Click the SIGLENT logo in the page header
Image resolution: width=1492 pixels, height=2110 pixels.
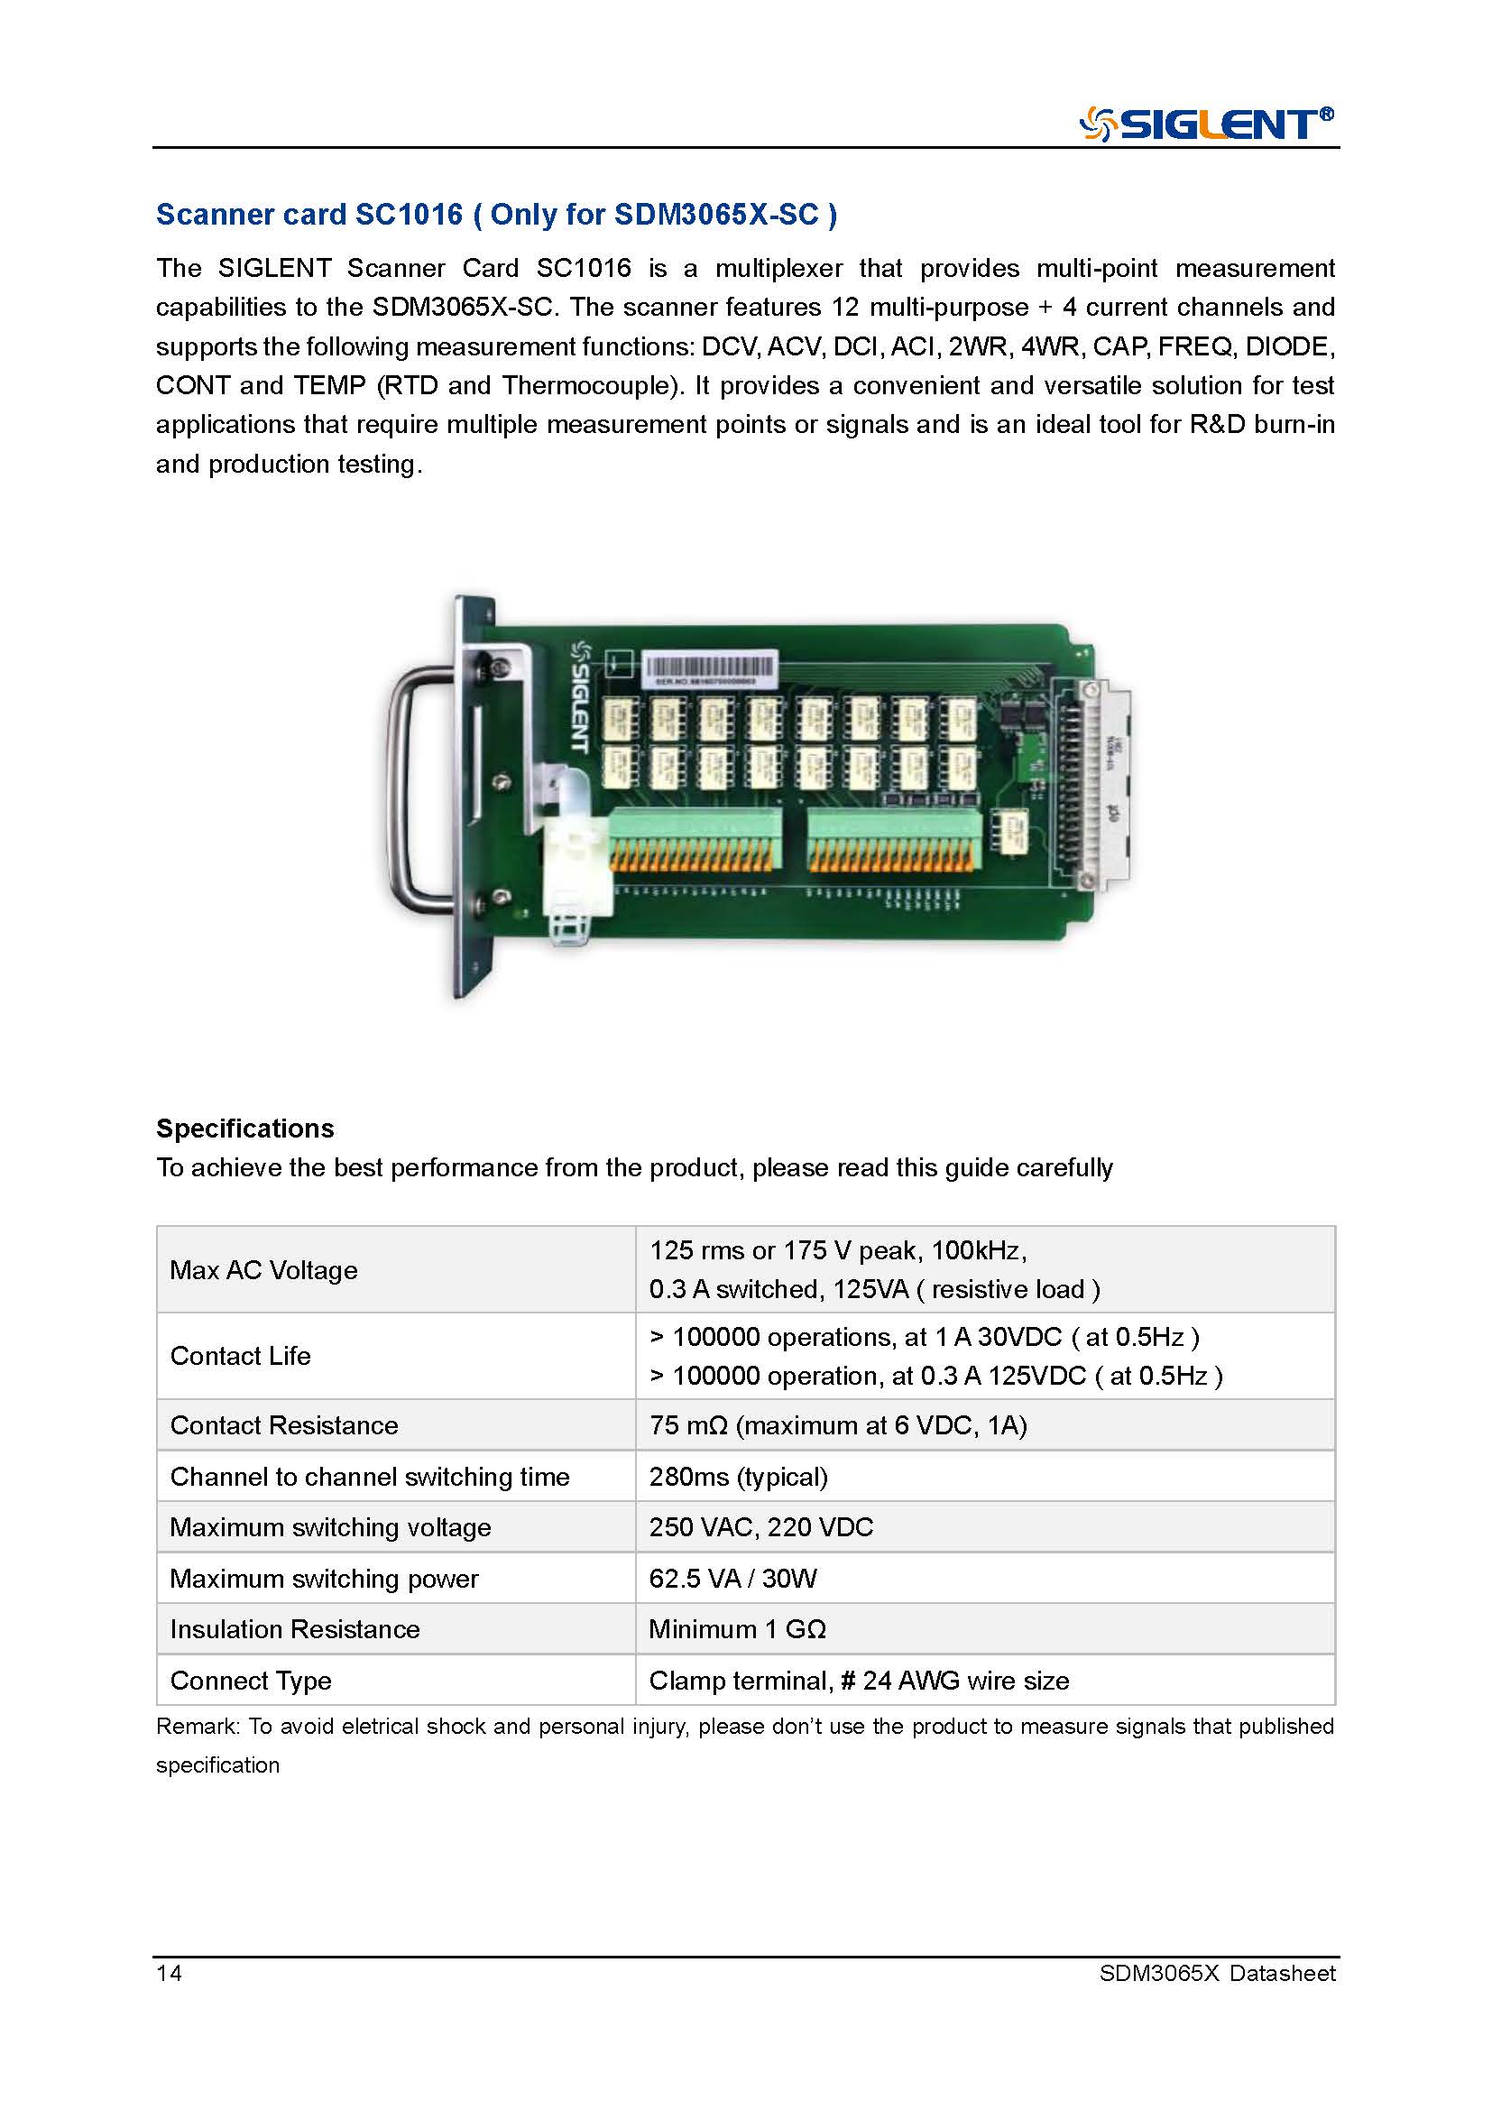click(x=1205, y=124)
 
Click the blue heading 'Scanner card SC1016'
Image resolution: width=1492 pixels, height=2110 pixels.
click(x=309, y=214)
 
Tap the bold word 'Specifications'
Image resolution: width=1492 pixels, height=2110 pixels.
click(x=244, y=1128)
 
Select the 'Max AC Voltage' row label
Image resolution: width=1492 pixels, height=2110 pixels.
click(x=263, y=1269)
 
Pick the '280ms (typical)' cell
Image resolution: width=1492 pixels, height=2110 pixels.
click(x=738, y=1476)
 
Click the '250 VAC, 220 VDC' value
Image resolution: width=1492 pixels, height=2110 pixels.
click(x=760, y=1526)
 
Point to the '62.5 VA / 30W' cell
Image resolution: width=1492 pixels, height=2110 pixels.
click(x=732, y=1578)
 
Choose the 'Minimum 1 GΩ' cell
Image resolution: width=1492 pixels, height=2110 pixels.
click(x=737, y=1628)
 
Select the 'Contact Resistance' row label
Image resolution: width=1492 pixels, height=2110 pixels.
click(x=284, y=1424)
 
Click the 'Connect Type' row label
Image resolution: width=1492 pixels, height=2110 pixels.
click(x=250, y=1680)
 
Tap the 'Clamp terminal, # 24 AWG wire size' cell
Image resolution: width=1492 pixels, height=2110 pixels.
click(x=858, y=1680)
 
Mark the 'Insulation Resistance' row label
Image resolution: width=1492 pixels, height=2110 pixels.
click(x=294, y=1628)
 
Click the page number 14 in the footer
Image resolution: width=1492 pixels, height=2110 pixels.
click(x=169, y=1972)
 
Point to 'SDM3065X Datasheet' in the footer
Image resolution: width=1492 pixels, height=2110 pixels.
click(x=1216, y=1972)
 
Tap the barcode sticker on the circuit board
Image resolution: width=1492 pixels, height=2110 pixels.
click(x=709, y=668)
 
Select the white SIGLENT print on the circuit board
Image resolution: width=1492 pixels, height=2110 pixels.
click(x=580, y=696)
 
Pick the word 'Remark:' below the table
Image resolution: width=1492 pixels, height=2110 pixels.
click(x=198, y=1726)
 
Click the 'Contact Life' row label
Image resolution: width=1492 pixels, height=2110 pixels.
click(x=240, y=1356)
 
